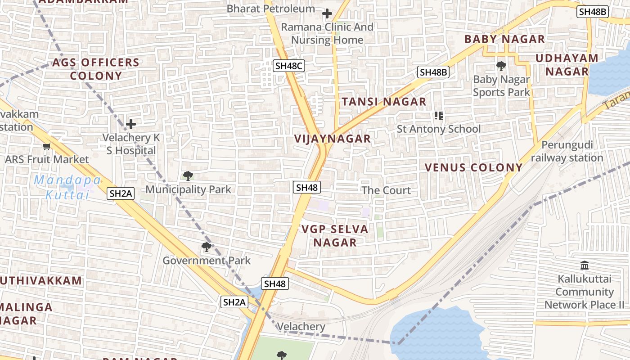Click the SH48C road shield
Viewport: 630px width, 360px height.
(x=289, y=66)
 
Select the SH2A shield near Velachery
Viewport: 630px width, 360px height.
(x=234, y=302)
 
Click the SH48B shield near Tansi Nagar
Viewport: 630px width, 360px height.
(x=434, y=72)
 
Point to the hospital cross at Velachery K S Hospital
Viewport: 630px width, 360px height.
(x=131, y=124)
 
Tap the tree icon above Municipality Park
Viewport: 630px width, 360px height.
(x=188, y=176)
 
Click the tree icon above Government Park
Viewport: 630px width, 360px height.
(x=206, y=247)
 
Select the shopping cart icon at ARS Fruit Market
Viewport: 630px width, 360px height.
(x=46, y=146)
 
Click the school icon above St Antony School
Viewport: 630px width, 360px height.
(x=439, y=116)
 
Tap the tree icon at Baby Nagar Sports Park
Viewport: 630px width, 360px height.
(x=501, y=67)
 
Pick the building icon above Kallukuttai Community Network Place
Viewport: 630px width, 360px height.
(x=585, y=265)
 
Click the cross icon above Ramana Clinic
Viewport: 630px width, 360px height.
(x=327, y=13)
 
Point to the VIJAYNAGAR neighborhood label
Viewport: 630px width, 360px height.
(x=333, y=139)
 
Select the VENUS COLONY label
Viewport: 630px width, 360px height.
(x=474, y=168)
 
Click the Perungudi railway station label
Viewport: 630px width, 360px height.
(x=567, y=152)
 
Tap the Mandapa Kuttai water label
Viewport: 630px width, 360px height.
(x=67, y=188)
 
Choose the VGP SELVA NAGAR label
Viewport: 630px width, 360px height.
(x=335, y=236)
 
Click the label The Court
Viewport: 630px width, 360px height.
(x=386, y=190)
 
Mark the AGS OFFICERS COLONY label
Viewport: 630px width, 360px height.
(x=96, y=69)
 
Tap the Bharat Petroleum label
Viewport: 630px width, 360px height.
(x=270, y=9)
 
